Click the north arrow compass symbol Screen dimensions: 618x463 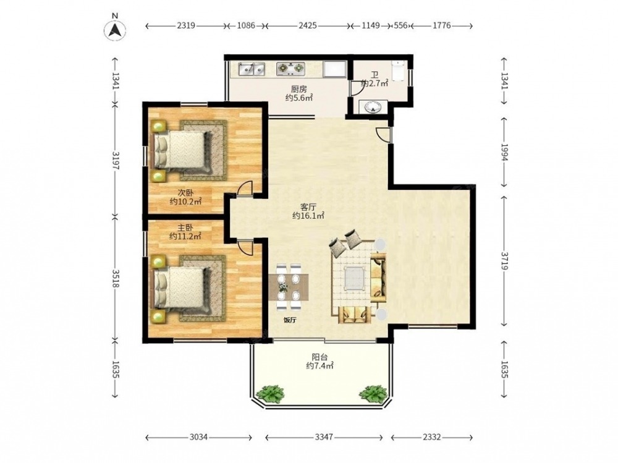[x=115, y=30]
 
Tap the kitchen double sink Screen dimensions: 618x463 [x=252, y=69]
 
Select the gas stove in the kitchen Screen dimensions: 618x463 [x=291, y=69]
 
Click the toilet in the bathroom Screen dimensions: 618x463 [x=398, y=70]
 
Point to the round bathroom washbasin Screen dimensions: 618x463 [x=373, y=108]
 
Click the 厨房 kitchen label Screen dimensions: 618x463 [x=298, y=89]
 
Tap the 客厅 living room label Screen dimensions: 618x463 [x=308, y=206]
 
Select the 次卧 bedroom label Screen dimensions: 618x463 [x=185, y=193]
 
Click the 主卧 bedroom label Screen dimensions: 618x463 [x=185, y=227]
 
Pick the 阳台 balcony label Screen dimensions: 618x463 [x=320, y=357]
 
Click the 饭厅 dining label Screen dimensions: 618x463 [x=290, y=320]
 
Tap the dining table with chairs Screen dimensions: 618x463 [x=289, y=287]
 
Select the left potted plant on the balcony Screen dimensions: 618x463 [x=270, y=393]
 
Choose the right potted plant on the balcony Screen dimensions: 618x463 [x=373, y=393]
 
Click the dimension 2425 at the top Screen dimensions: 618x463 [x=307, y=25]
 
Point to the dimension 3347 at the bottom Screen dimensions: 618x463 [x=324, y=437]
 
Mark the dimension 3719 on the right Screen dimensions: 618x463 [x=505, y=260]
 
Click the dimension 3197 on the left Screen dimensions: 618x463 [x=115, y=160]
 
